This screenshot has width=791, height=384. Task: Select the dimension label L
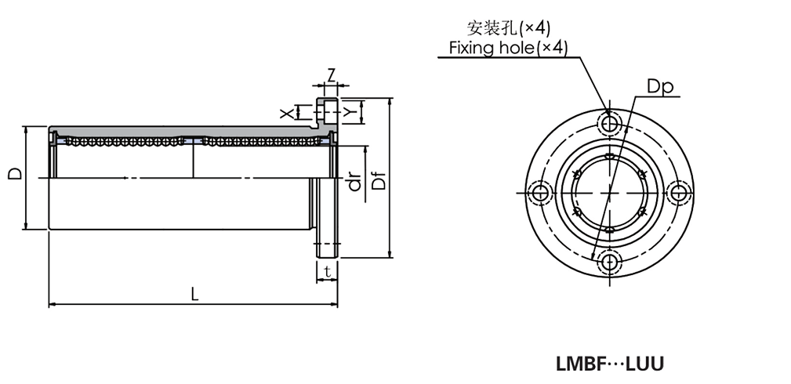tap(194, 295)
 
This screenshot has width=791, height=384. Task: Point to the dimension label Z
tap(331, 75)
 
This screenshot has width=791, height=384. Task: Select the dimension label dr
tap(355, 183)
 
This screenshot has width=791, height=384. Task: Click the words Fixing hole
tap(491, 49)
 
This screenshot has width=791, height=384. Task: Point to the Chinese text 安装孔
tap(492, 29)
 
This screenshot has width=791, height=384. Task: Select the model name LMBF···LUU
tap(609, 364)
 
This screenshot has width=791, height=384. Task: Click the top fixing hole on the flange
tap(608, 123)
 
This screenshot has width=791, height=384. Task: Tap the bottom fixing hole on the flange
tap(608, 262)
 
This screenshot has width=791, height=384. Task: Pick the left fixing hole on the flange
tap(539, 193)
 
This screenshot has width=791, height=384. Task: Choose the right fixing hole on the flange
tap(678, 193)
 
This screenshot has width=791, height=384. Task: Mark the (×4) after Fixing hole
tap(550, 49)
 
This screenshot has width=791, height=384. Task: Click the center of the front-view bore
tap(608, 193)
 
